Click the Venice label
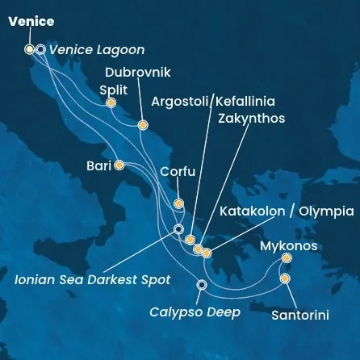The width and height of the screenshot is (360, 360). tap(31, 22)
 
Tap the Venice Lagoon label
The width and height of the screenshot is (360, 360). tap(97, 50)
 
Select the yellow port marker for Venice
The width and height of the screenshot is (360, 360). tap(30, 49)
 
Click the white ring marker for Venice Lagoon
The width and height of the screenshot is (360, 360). tap(40, 49)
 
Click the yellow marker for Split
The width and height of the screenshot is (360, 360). tap(111, 103)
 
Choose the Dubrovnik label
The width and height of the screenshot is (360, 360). tap(138, 72)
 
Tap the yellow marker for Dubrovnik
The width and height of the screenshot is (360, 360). tap(143, 125)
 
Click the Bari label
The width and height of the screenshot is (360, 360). tap(98, 166)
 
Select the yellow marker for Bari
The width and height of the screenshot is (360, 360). tap(119, 165)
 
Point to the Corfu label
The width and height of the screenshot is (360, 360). tap(178, 171)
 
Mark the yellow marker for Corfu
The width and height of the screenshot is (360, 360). tap(178, 204)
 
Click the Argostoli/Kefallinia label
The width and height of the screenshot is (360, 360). tap(213, 102)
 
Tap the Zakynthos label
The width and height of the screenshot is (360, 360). tap(251, 118)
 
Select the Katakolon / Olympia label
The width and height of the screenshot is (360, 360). tap(287, 211)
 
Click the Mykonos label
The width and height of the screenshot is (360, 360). tap(288, 245)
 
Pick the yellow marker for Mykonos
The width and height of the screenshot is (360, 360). tap(287, 258)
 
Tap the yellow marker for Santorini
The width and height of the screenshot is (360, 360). tap(285, 279)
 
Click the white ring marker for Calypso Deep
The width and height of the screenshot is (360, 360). tap(202, 284)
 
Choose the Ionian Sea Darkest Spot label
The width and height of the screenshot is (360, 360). tap(94, 280)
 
